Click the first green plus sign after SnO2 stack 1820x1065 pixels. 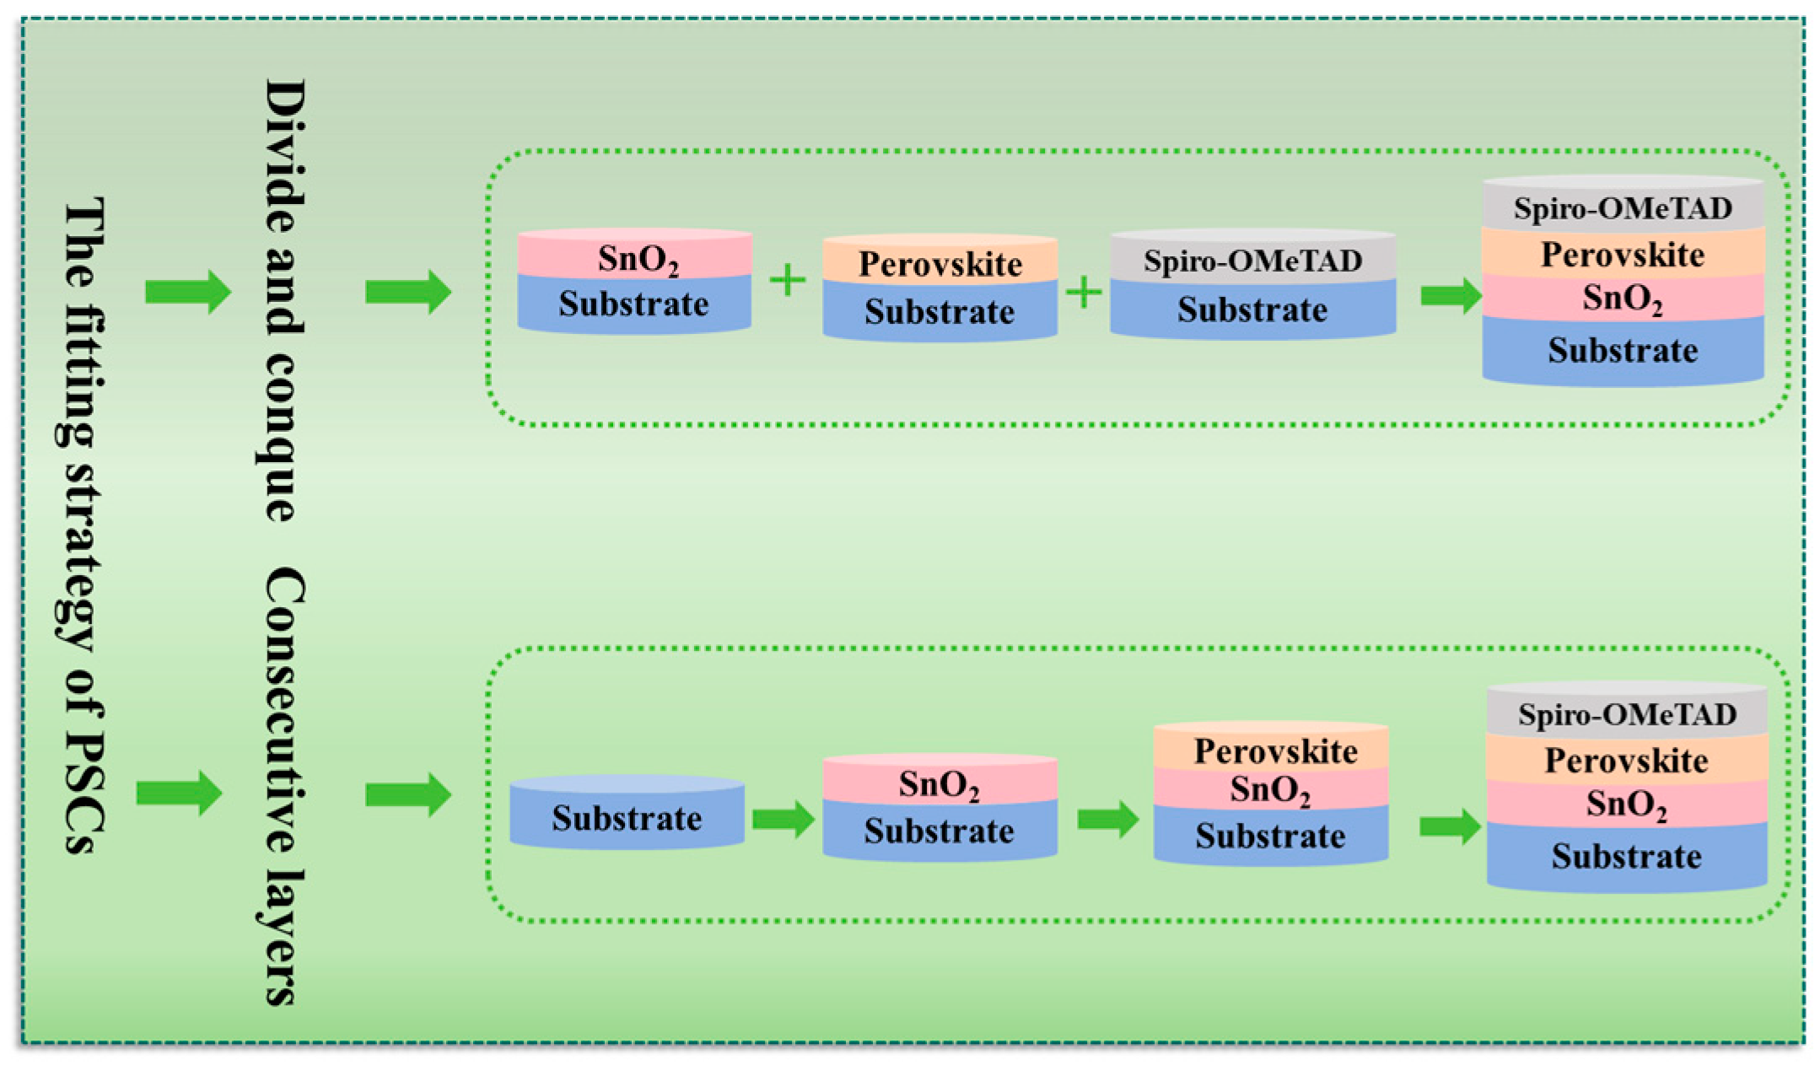[788, 280]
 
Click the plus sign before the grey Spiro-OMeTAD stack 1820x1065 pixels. [1084, 293]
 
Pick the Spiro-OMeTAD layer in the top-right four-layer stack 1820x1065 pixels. [1623, 207]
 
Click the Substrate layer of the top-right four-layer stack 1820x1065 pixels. [1623, 350]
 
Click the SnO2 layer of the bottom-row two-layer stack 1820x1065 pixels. [940, 783]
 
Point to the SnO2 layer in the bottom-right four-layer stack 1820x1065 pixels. [1626, 803]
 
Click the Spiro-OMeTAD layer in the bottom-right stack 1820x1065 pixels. [1626, 714]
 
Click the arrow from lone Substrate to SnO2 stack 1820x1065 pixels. [783, 819]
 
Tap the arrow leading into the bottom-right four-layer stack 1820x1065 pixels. [1449, 826]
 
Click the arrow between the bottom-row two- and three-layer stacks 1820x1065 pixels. [1107, 819]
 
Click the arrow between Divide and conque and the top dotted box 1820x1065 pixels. [408, 292]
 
